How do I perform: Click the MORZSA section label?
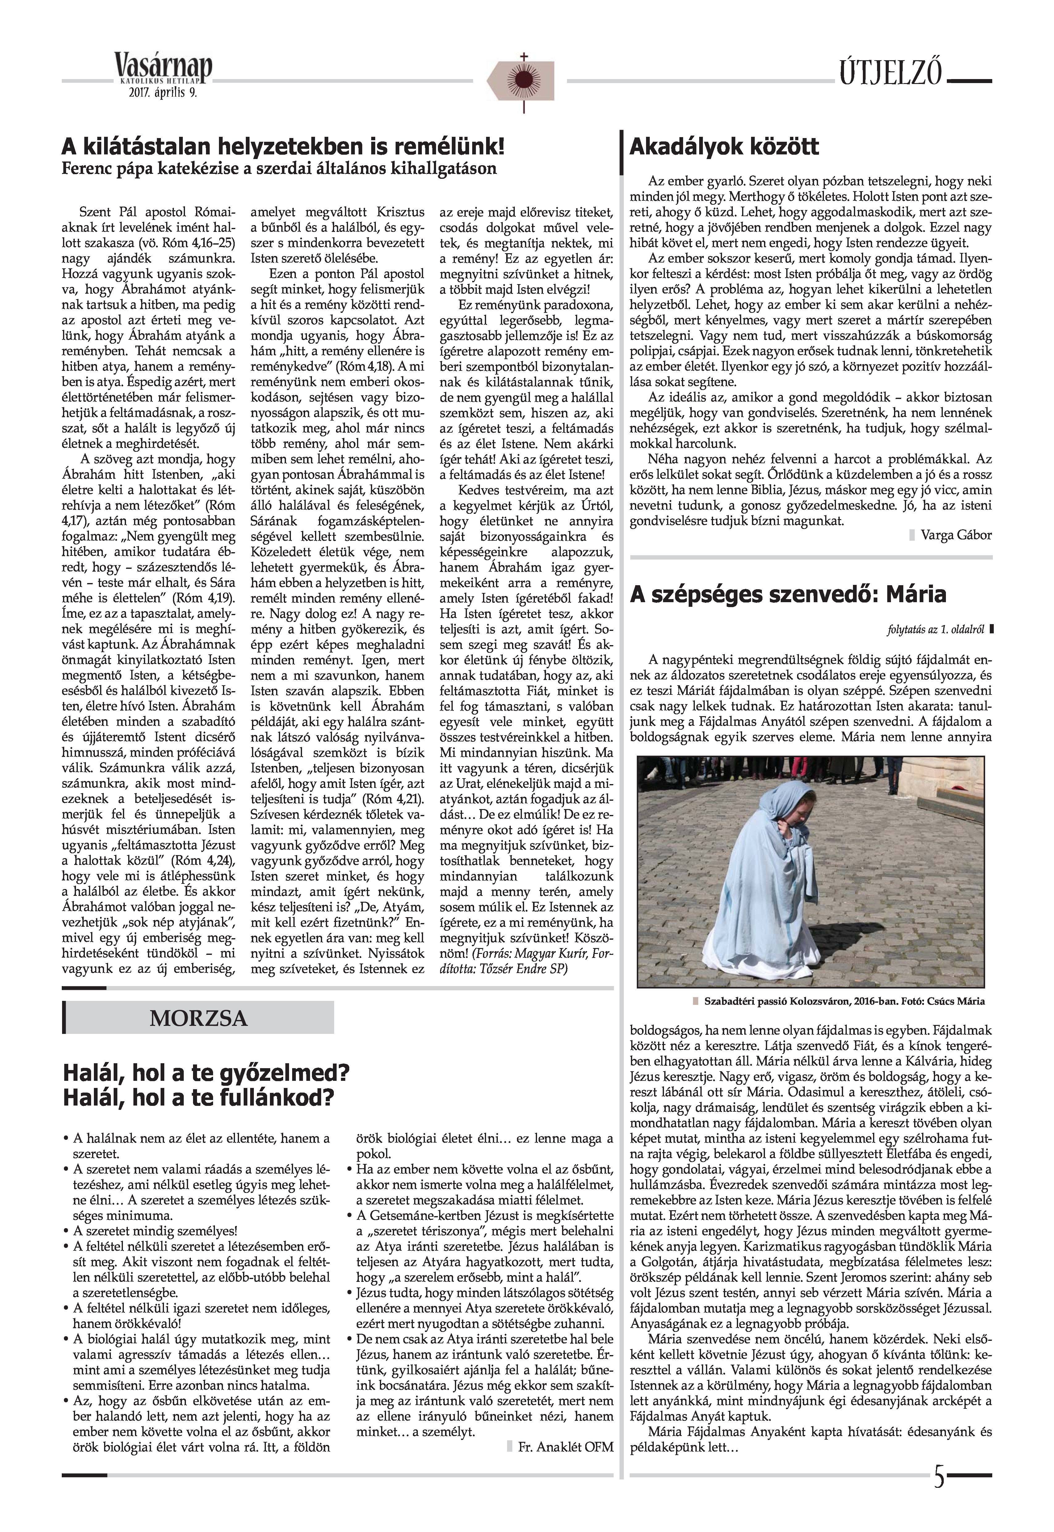(198, 1018)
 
